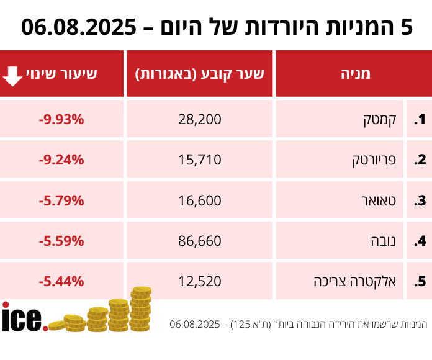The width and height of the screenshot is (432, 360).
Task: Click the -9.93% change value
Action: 61,119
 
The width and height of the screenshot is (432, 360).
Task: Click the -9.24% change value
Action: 61,160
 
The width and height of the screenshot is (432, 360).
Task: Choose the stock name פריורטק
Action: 372,160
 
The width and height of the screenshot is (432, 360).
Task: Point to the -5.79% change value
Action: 61,200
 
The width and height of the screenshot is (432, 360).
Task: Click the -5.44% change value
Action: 61,281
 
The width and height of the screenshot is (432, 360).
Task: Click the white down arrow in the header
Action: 13,74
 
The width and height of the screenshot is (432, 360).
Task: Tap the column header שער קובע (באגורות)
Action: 200,74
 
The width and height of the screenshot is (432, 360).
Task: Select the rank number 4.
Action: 420,241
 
